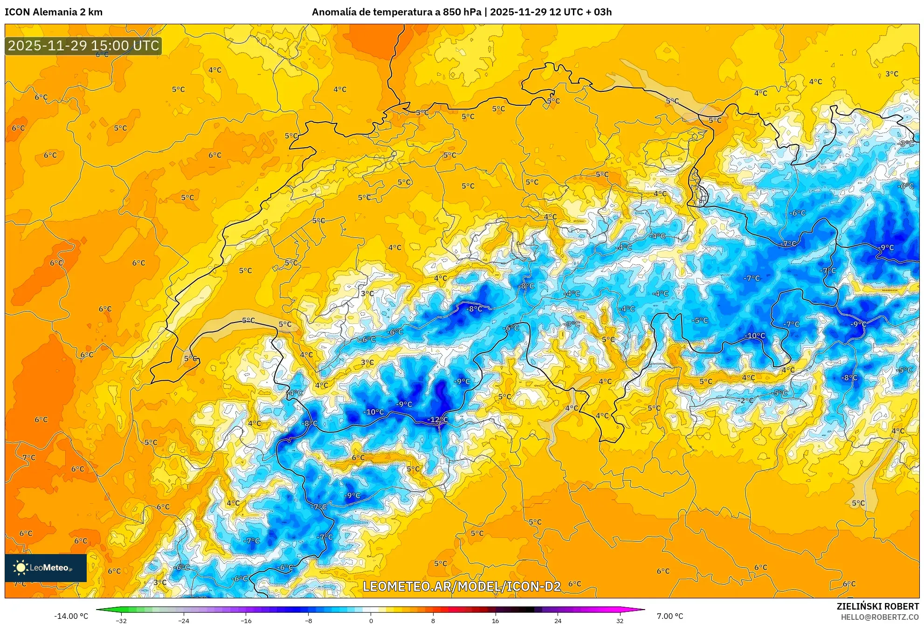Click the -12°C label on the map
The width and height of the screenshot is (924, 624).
[x=437, y=420]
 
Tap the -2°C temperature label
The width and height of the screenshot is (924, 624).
[x=746, y=400]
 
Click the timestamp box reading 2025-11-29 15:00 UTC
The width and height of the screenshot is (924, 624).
[x=83, y=46]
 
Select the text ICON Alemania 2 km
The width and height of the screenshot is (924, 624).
[x=54, y=12]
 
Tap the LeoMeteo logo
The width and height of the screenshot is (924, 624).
[x=46, y=568]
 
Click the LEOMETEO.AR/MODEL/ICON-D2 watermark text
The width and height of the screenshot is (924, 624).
[x=462, y=586]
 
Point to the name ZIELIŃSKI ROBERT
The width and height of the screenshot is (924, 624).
[x=877, y=606]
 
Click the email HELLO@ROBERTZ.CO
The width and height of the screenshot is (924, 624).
[x=880, y=617]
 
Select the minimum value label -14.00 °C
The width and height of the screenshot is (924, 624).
[x=71, y=616]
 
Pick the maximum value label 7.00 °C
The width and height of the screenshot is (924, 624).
[x=670, y=616]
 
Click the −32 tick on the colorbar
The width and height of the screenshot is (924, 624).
[x=121, y=621]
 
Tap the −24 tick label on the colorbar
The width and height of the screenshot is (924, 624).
[x=184, y=621]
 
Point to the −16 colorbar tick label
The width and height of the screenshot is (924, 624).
[x=246, y=621]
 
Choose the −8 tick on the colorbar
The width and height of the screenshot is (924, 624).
[x=308, y=621]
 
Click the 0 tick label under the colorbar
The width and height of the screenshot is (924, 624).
[x=371, y=621]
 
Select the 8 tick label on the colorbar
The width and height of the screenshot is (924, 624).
[x=433, y=621]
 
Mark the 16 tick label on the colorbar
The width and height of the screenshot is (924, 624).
[x=495, y=621]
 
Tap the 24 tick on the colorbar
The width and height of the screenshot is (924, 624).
[x=558, y=621]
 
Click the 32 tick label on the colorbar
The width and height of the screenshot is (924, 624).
[x=620, y=621]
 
